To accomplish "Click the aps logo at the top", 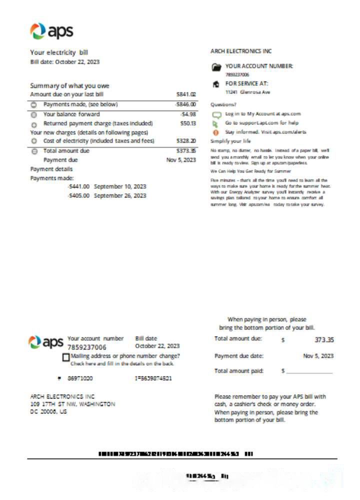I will (x=51, y=31).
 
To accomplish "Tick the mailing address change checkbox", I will (x=66, y=357).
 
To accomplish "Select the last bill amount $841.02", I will (x=186, y=94).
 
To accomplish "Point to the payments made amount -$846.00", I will (x=185, y=104).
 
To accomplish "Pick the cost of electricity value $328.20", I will (x=186, y=141).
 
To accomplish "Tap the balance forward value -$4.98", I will (x=187, y=114).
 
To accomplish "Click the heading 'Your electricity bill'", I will (x=59, y=52).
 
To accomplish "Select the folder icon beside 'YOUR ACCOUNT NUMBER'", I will (x=216, y=67).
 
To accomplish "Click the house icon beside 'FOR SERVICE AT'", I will (x=216, y=84).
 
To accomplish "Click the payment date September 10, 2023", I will (x=120, y=186).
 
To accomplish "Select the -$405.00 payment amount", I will (x=78, y=195).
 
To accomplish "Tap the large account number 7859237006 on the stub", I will (x=87, y=347).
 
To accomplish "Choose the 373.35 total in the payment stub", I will (x=324, y=340).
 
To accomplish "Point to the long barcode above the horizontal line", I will (x=175, y=454).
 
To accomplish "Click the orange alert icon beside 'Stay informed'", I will (x=216, y=132).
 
